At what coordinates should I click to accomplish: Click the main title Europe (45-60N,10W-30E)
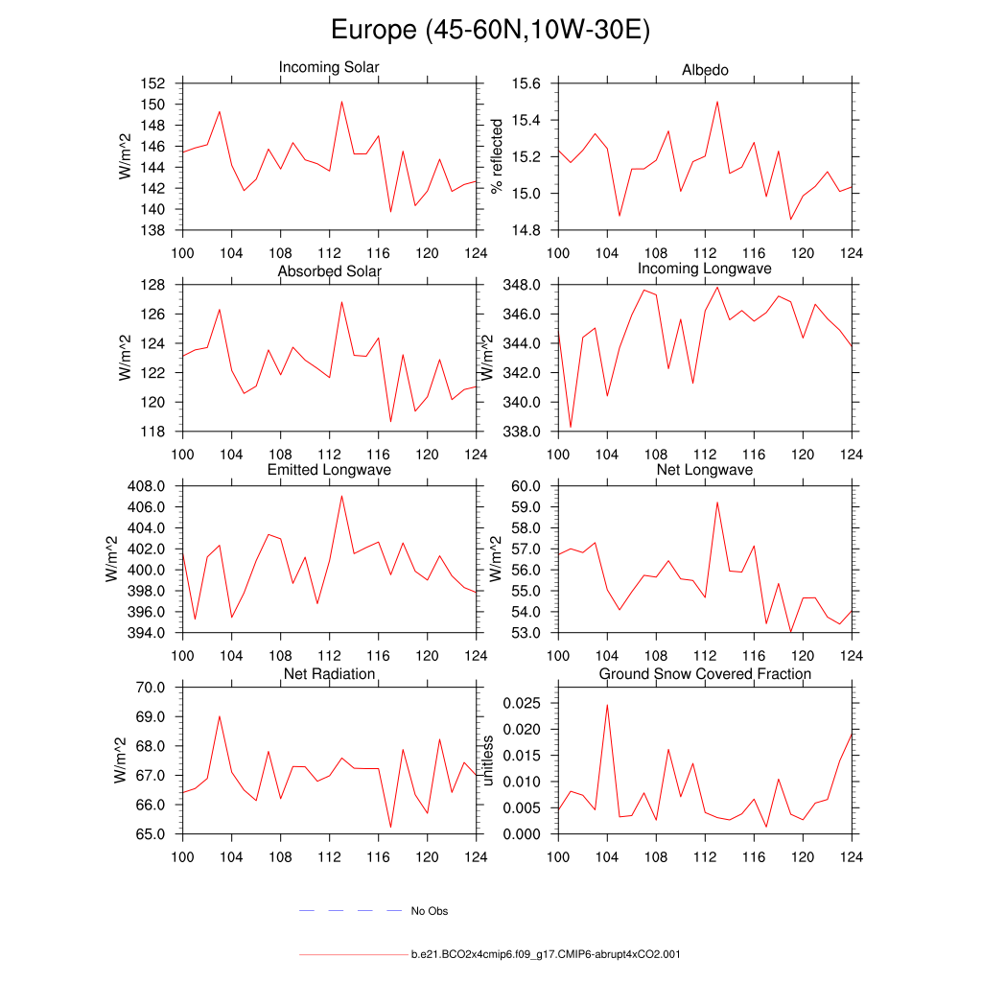tap(490, 31)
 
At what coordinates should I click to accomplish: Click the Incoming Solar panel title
tap(329, 67)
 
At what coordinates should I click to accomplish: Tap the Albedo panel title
tap(705, 70)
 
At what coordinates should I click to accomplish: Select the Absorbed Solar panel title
tap(329, 271)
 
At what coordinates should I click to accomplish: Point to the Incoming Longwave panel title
tap(705, 269)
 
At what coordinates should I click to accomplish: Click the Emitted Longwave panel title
tap(329, 470)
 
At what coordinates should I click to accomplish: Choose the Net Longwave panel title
tap(705, 470)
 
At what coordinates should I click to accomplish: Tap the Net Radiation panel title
tap(329, 674)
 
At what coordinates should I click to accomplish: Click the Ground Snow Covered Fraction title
tap(705, 674)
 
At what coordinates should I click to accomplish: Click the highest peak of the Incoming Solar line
tap(341, 102)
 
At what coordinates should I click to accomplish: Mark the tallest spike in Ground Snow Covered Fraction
tap(607, 705)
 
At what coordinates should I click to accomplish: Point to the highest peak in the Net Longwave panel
tap(717, 503)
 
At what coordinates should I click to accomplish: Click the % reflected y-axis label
tap(497, 156)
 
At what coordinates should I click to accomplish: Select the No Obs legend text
tap(430, 911)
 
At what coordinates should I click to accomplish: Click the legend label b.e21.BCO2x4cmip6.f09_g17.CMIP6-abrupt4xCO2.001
tap(546, 955)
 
